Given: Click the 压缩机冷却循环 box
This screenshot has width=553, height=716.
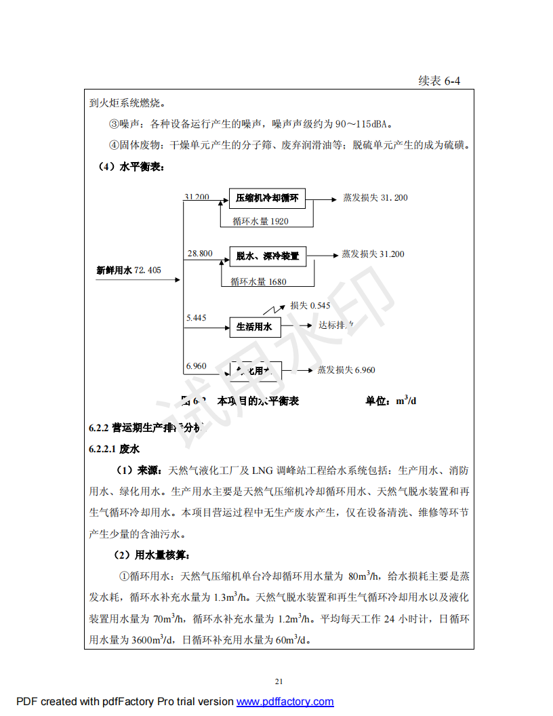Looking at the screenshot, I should pos(267,199).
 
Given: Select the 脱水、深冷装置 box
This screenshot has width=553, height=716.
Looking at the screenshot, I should pos(267,256).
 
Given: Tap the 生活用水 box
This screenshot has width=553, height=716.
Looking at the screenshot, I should pos(254,327).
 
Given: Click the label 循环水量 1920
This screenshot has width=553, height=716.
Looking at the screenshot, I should pos(260,221).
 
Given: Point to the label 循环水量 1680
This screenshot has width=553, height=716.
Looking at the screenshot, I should pos(258,281).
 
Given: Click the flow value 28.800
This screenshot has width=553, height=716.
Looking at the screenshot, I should pos(200,254).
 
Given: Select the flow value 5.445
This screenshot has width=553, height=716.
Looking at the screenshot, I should pos(197,317).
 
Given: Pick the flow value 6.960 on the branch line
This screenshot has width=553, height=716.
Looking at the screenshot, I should pos(197,366).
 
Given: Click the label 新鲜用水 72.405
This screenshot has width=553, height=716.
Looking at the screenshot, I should pos(129,270).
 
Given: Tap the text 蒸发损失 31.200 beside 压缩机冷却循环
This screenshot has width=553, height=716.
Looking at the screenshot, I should pos(375,198).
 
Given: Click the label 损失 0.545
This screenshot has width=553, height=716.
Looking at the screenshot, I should pos(310,306).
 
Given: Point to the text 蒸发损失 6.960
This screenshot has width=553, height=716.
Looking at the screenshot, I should pos(346,370).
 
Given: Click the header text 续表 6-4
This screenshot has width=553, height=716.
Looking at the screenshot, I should pos(439,81).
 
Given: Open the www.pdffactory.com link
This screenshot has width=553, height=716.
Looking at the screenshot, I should pos(285,702).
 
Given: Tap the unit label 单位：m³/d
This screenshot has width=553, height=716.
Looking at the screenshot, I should pos(391,401).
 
